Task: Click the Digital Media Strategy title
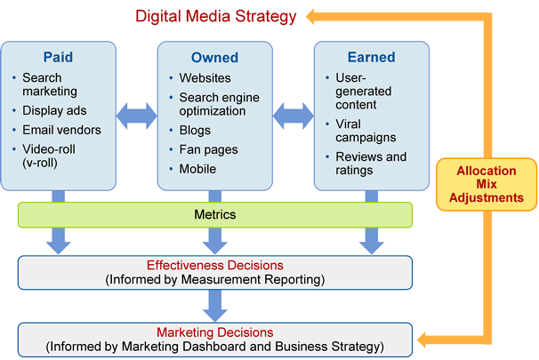click(x=215, y=17)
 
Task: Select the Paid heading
click(x=58, y=57)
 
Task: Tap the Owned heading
click(x=215, y=58)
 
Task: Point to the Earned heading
click(x=371, y=57)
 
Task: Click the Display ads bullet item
click(x=54, y=110)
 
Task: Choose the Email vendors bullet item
click(x=62, y=130)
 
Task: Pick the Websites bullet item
click(x=205, y=78)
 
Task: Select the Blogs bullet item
click(x=195, y=131)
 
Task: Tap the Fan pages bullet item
click(x=208, y=149)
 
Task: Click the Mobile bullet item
click(x=197, y=169)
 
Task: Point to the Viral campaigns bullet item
click(x=366, y=131)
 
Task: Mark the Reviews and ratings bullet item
click(x=371, y=164)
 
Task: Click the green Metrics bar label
click(x=215, y=215)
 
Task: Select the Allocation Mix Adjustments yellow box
click(x=487, y=185)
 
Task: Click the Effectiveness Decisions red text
click(x=215, y=265)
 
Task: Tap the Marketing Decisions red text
click(x=215, y=332)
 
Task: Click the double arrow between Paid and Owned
click(x=137, y=116)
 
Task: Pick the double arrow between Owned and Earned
click(x=294, y=116)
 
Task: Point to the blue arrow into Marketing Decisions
click(x=215, y=306)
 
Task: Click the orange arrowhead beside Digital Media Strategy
click(x=310, y=17)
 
